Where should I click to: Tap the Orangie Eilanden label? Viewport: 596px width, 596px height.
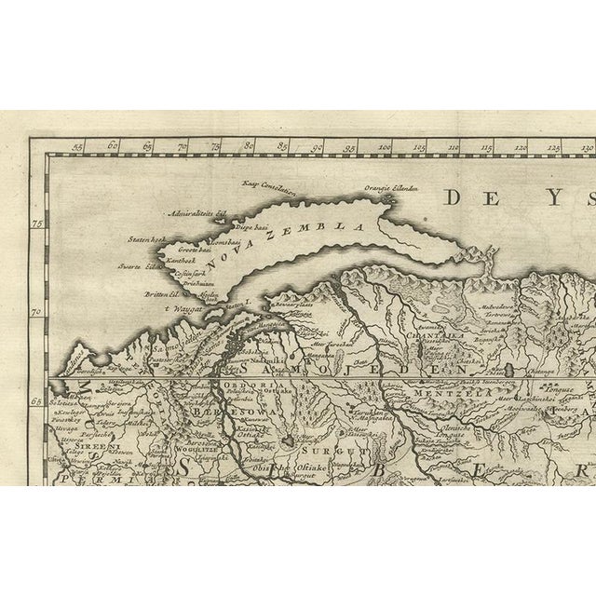[390, 187]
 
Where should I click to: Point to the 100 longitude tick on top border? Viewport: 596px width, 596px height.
[385, 146]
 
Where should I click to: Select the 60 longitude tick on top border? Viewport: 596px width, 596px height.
[113, 146]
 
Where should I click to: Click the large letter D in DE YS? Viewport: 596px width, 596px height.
[457, 196]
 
